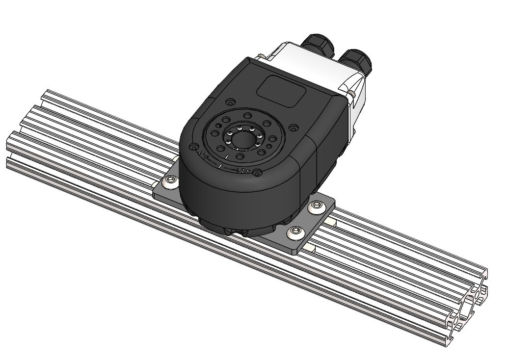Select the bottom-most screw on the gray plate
click(x=295, y=231)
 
